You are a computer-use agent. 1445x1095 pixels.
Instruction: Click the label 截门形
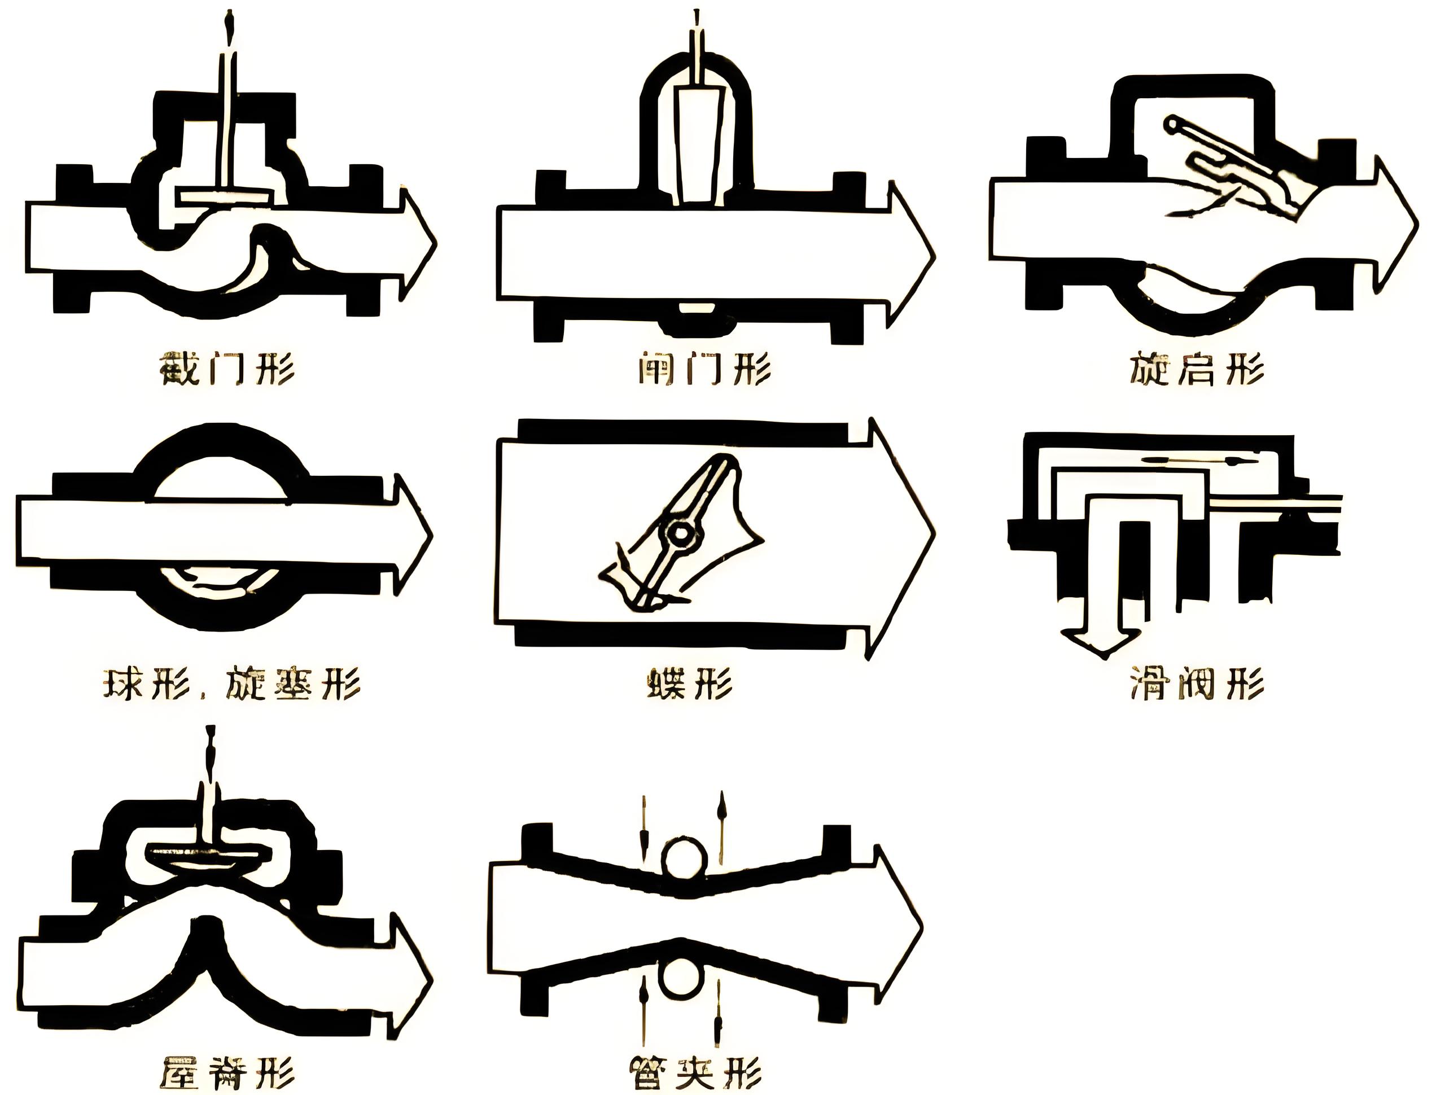[227, 370]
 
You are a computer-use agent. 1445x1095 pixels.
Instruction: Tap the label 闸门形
[705, 370]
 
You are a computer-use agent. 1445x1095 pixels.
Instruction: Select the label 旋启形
[1196, 370]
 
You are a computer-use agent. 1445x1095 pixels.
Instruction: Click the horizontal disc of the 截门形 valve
[225, 196]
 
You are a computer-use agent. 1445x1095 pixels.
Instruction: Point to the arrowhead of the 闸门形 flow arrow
[911, 255]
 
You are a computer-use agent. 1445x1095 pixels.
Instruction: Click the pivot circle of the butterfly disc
[681, 535]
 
